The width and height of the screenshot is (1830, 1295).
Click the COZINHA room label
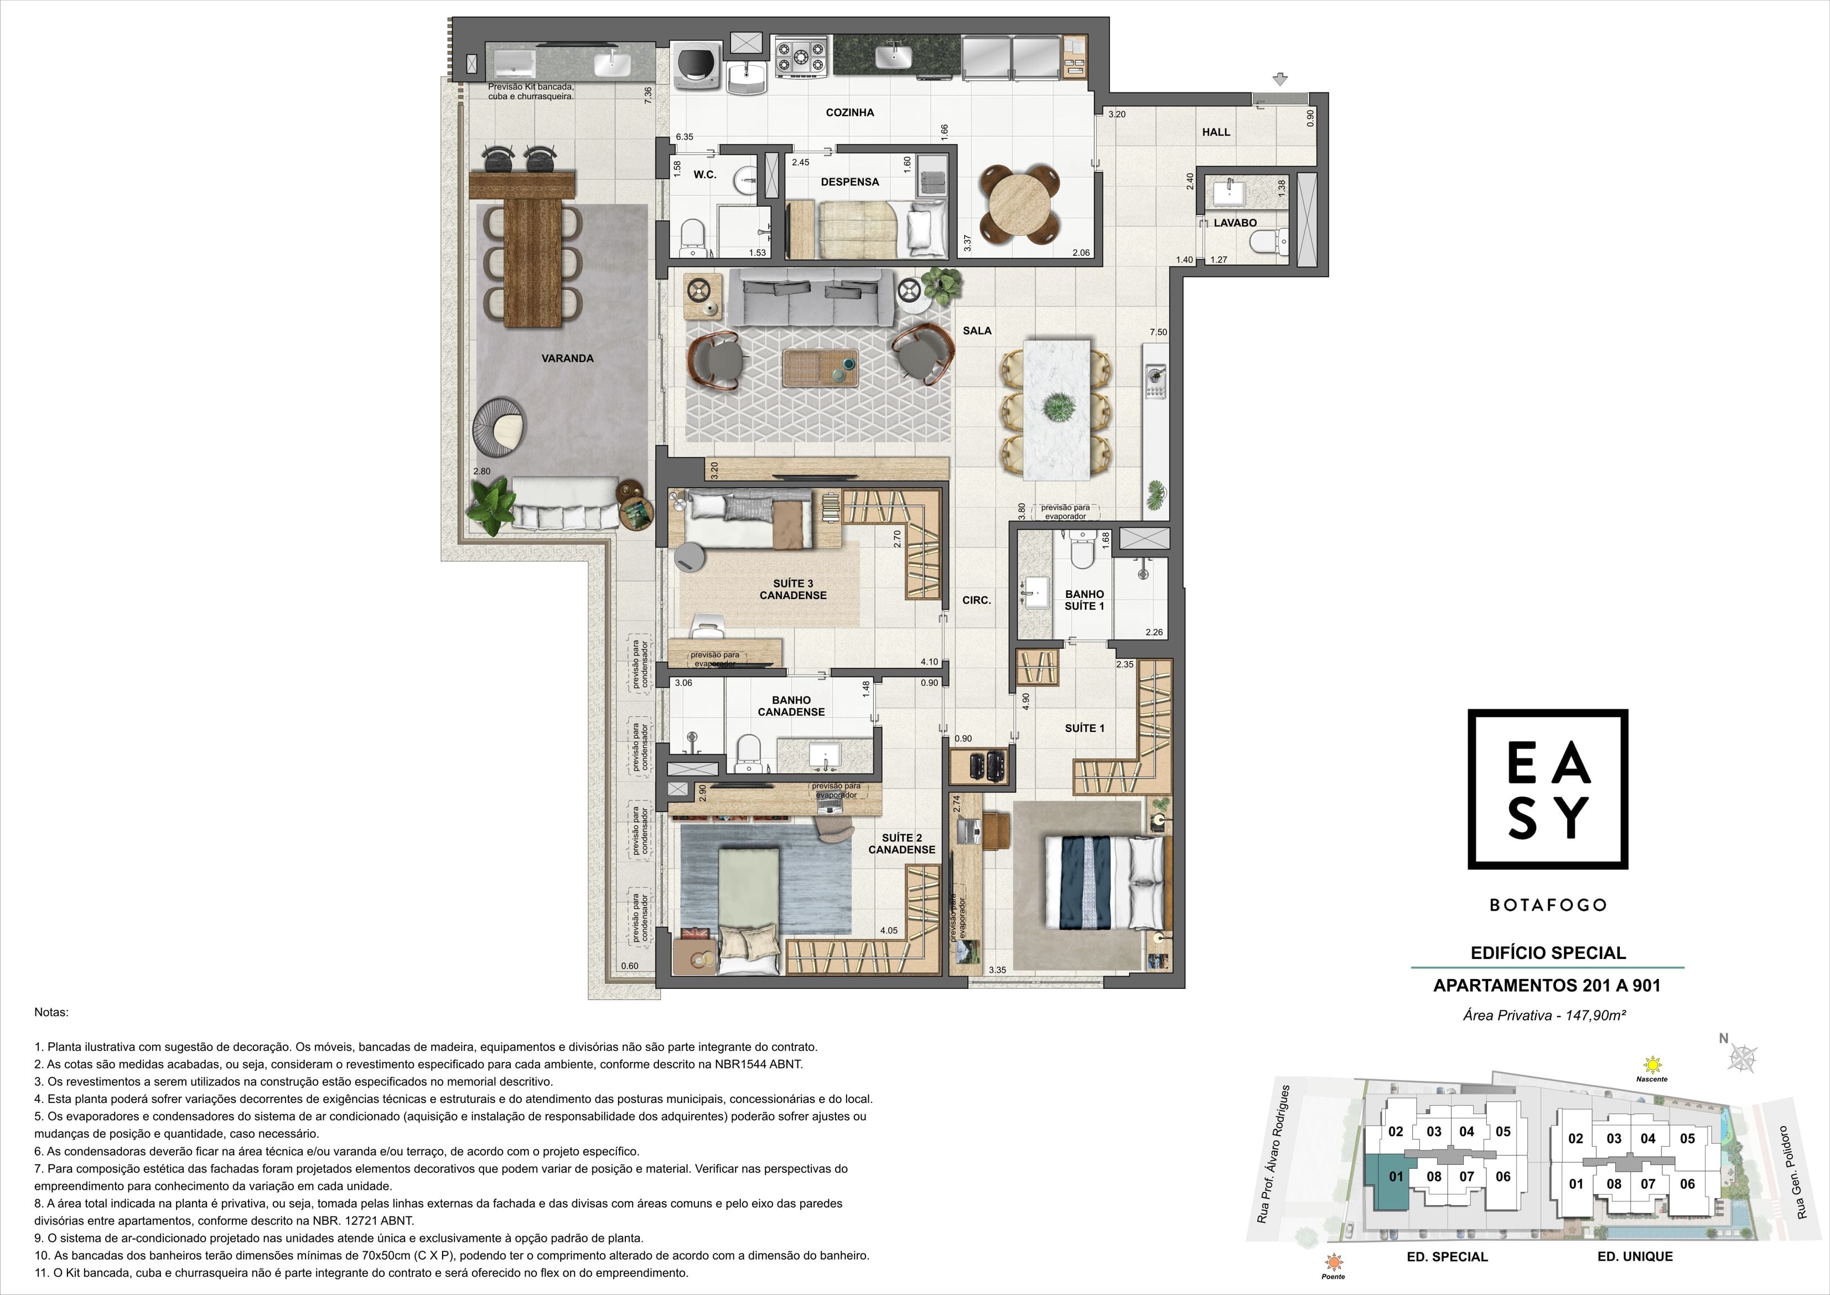click(849, 112)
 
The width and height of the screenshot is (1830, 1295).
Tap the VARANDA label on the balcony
click(568, 358)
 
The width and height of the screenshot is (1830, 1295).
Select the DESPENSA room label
click(849, 182)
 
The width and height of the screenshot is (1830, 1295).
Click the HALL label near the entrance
click(1216, 132)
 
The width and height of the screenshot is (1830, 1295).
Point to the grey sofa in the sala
click(811, 297)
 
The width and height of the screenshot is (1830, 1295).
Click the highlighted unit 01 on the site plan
click(1391, 1179)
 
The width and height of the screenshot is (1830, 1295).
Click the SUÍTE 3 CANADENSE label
click(793, 589)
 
